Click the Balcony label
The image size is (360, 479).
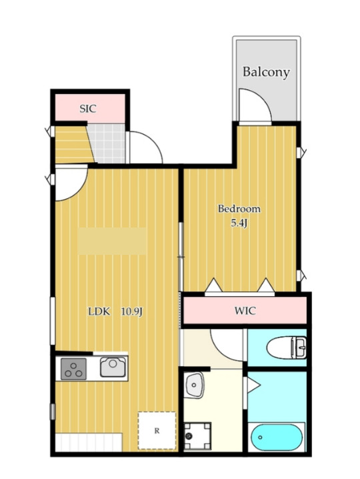tap(266, 72)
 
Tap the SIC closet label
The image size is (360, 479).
tap(88, 109)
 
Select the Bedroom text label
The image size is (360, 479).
tap(239, 209)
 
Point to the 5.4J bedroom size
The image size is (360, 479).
tap(239, 223)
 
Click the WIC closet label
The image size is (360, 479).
tap(244, 311)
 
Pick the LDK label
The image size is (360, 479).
tap(100, 311)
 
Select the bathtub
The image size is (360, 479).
tap(277, 439)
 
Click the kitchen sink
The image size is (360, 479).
tap(112, 368)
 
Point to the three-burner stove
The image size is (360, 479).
tap(74, 369)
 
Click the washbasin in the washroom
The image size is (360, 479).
tap(195, 384)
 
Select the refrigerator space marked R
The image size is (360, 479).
tap(157, 430)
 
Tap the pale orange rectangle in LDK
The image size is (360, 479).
tap(112, 241)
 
